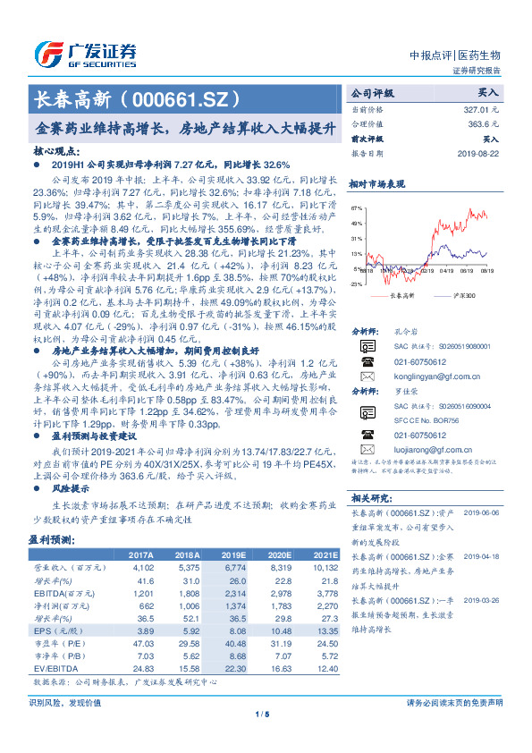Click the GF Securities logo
(x=85, y=55)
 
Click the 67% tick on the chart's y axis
(x=356, y=207)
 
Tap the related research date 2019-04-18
(x=487, y=556)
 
